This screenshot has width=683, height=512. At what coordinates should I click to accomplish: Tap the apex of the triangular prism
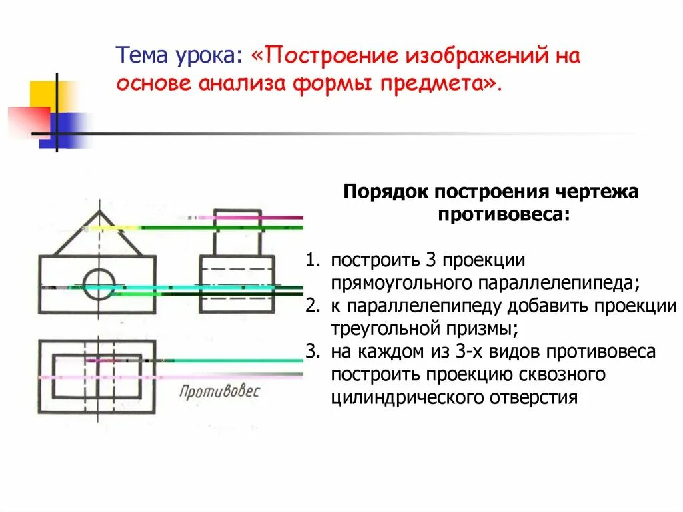click(x=99, y=212)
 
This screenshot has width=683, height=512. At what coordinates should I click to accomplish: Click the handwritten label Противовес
click(x=219, y=391)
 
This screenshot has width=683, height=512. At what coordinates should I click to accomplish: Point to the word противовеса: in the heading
click(x=504, y=214)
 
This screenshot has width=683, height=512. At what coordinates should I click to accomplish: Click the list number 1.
click(x=310, y=260)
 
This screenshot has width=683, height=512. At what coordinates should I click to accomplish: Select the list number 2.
click(x=311, y=306)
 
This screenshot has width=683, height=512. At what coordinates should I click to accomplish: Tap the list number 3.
click(x=310, y=352)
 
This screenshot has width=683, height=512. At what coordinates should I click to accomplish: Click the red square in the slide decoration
click(x=28, y=121)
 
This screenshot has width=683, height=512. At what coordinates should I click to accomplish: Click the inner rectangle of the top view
click(x=97, y=376)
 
